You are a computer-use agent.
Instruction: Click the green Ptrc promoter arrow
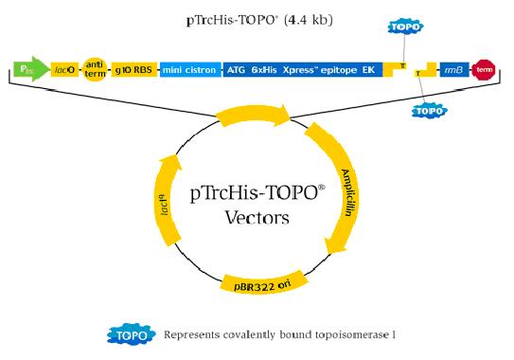coord(27,69)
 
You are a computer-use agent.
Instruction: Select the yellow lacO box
coord(64,70)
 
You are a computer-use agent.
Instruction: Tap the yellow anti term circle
coord(95,69)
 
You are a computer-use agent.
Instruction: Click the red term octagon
coord(486,70)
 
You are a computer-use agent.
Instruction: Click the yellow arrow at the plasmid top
coord(254,117)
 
